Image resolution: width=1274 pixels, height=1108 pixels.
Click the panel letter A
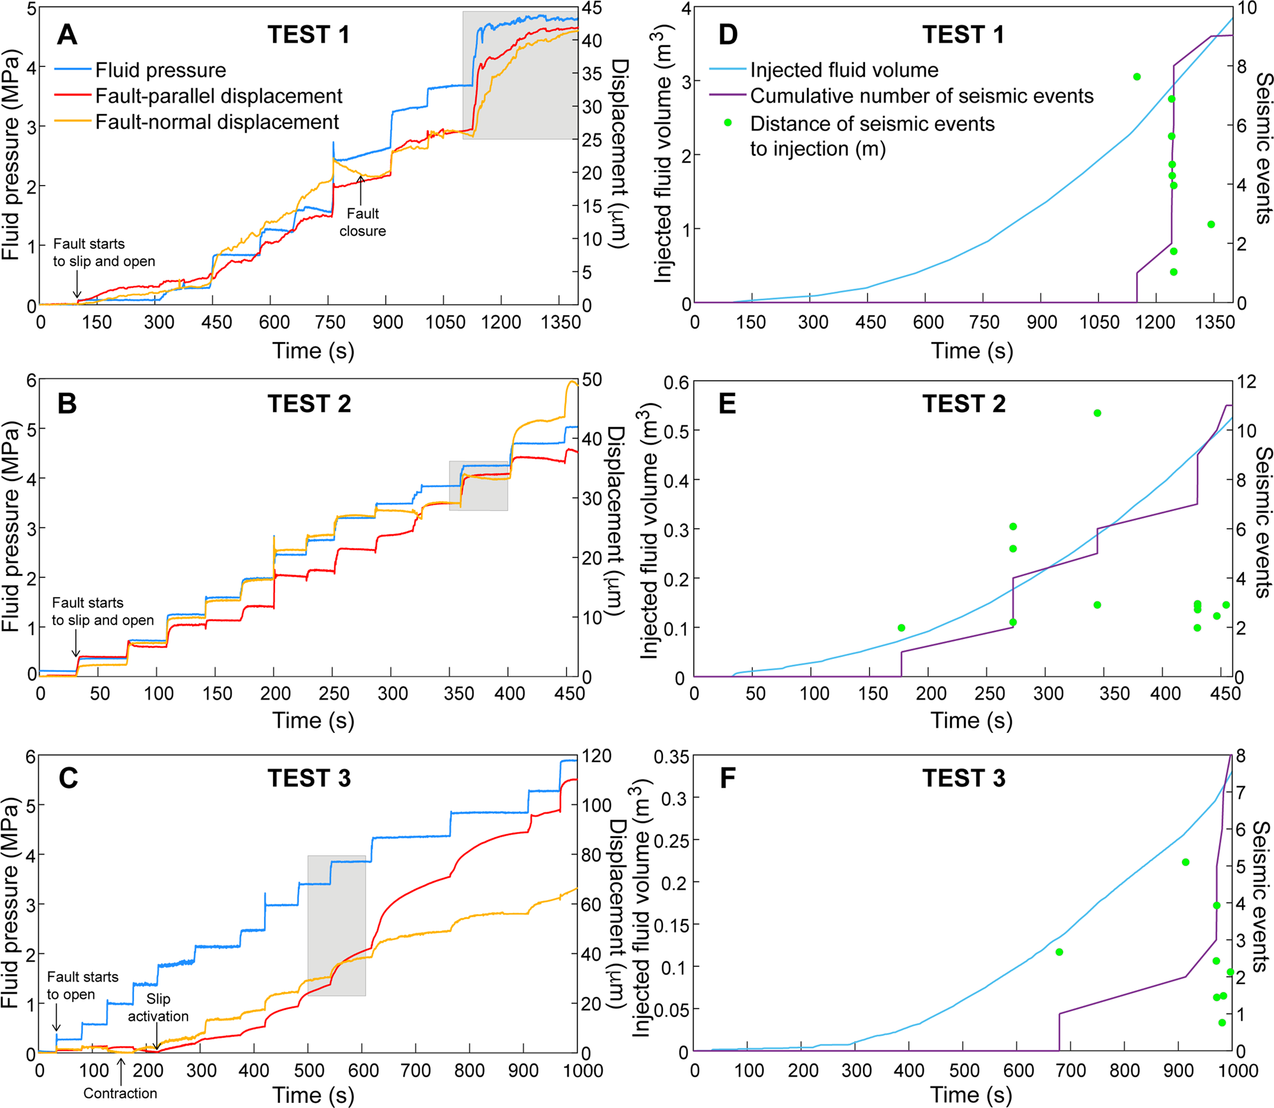[x=67, y=34]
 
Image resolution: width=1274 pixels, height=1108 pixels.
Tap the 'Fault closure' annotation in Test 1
[x=362, y=222]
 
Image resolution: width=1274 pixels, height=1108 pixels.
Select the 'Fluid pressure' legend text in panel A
[x=161, y=70]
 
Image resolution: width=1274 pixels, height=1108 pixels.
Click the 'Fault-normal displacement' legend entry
[x=217, y=122]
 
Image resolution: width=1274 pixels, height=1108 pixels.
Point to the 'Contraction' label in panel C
[x=120, y=1093]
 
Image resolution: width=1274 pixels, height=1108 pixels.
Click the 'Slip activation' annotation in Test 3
[x=158, y=1008]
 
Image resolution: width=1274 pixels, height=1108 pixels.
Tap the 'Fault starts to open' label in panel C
[x=82, y=986]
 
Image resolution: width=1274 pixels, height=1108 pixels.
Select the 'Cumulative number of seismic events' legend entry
[x=921, y=96]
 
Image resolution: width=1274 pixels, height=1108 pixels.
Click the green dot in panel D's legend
[x=728, y=122]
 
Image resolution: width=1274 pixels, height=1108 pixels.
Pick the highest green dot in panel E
[x=1097, y=413]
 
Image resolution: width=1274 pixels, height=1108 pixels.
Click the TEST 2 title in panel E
[x=963, y=404]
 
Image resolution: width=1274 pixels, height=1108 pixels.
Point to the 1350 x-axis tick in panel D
[x=1215, y=322]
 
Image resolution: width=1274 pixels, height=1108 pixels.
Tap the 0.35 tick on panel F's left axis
[x=671, y=757]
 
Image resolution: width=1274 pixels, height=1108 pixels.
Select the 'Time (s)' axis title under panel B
[x=313, y=720]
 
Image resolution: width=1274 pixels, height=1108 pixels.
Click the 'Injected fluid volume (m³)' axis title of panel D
[x=663, y=153]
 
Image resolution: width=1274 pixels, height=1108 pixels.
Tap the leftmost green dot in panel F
[x=1059, y=952]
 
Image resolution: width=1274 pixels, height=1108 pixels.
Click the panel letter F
[x=727, y=778]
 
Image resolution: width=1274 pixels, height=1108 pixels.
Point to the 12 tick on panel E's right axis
[x=1247, y=381]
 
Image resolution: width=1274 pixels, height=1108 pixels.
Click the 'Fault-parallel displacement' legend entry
[x=219, y=96]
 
